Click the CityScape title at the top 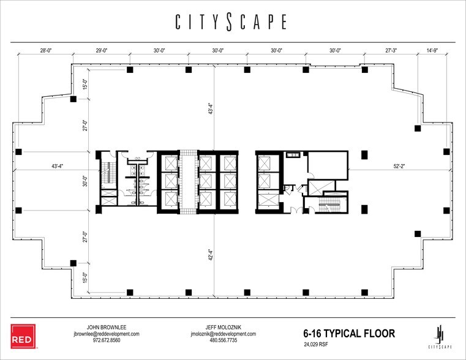231,22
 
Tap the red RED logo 23,337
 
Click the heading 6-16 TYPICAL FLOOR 348,334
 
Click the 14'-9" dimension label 432,51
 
